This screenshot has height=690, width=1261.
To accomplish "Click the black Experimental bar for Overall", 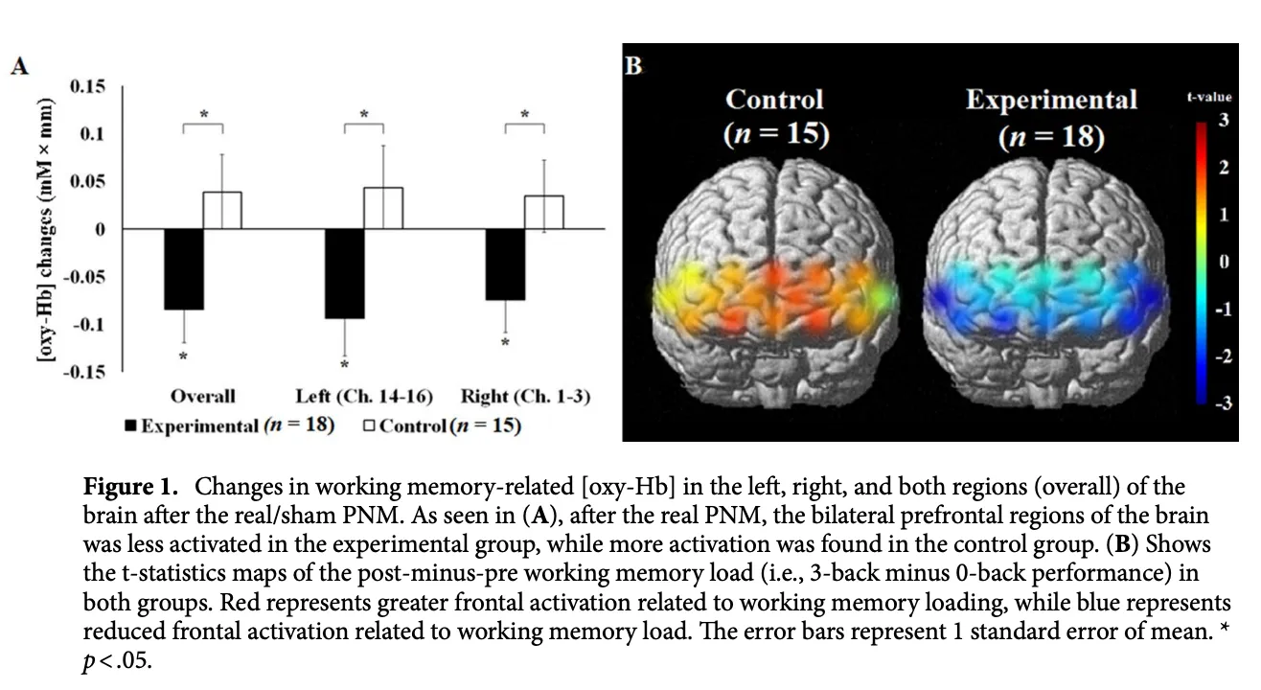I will tap(183, 269).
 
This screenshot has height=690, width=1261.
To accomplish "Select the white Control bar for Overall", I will tap(222, 211).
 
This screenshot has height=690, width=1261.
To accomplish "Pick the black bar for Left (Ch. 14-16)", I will tap(344, 273).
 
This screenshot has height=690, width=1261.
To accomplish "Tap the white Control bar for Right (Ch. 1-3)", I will tap(544, 213).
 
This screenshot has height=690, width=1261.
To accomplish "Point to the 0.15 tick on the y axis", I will tap(88, 86).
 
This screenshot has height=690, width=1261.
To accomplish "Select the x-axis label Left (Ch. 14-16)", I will tap(363, 396).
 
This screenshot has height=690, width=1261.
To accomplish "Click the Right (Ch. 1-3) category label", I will tap(524, 396).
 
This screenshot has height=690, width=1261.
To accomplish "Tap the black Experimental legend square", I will tap(131, 426).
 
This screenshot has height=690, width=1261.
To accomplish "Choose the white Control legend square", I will tap(369, 426).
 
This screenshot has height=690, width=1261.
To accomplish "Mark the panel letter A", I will tap(18, 66).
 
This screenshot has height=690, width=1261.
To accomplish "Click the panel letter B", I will tap(633, 66).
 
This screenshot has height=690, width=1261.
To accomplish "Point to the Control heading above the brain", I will tap(774, 100).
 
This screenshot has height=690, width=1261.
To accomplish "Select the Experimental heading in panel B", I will tap(1051, 100).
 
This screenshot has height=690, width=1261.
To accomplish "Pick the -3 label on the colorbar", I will tap(1221, 402).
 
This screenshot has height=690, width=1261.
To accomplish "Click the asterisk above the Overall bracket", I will tap(202, 115).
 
